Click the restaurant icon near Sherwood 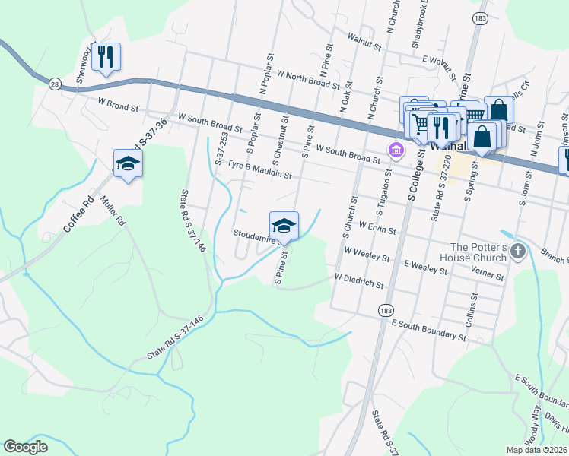pos(106,57)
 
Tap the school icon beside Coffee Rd pos(128,163)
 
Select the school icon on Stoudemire pos(284,225)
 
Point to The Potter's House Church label pos(478,252)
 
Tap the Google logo pos(26,447)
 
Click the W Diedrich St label pos(359,282)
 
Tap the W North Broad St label pos(308,79)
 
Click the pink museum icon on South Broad pos(396,150)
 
